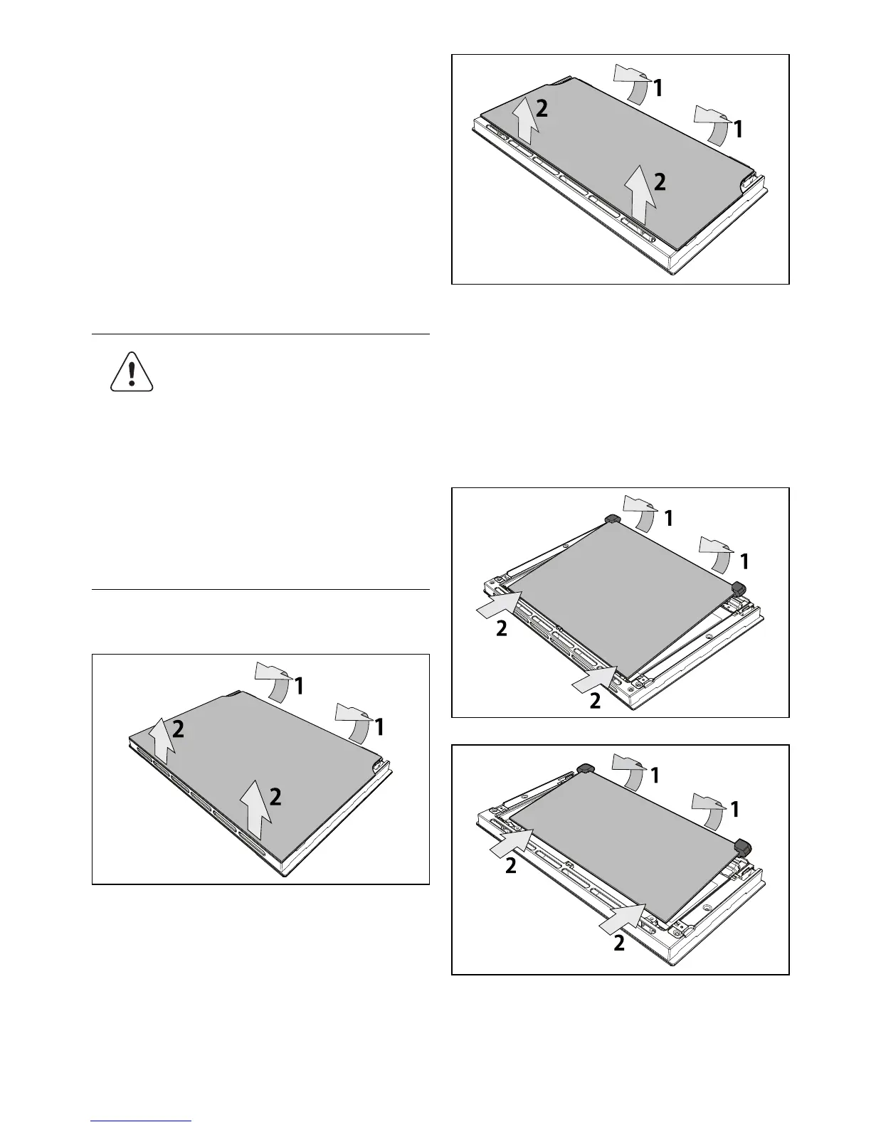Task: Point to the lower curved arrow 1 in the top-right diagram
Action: click(x=714, y=125)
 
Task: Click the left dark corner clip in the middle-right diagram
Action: click(x=612, y=519)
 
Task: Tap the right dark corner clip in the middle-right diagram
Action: click(x=738, y=587)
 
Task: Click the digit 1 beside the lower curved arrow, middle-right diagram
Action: click(x=744, y=561)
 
